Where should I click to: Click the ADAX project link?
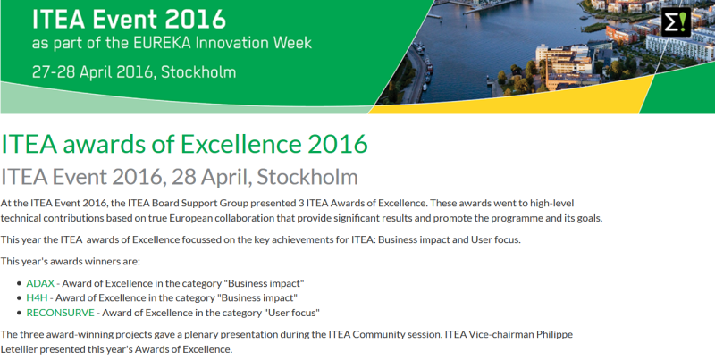pyautogui.click(x=40, y=283)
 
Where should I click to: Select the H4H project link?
pyautogui.click(x=37, y=298)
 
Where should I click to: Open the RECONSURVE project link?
pyautogui.click(x=60, y=313)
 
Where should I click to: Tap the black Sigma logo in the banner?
pyautogui.click(x=677, y=21)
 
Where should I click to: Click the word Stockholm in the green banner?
pyautogui.click(x=198, y=72)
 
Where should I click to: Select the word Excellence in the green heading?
pyautogui.click(x=240, y=144)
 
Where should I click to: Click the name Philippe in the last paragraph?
pyautogui.click(x=554, y=334)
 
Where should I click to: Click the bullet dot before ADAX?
pyautogui.click(x=19, y=283)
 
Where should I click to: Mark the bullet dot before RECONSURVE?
pyautogui.click(x=19, y=313)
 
